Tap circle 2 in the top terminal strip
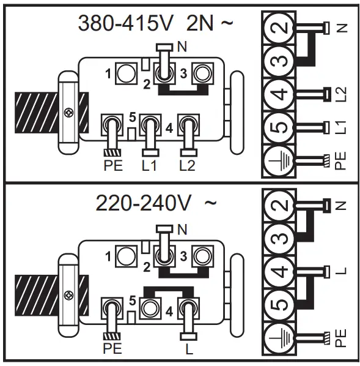279,28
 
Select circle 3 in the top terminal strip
279,61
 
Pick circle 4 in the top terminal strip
279,95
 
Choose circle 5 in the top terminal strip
279,128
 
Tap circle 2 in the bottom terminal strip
279,204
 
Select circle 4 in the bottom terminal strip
279,271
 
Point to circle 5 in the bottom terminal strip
279,304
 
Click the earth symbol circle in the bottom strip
279,337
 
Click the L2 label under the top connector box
188,165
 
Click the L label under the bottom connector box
188,348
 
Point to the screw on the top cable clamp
67,113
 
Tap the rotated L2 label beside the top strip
342,94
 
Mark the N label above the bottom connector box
182,230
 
